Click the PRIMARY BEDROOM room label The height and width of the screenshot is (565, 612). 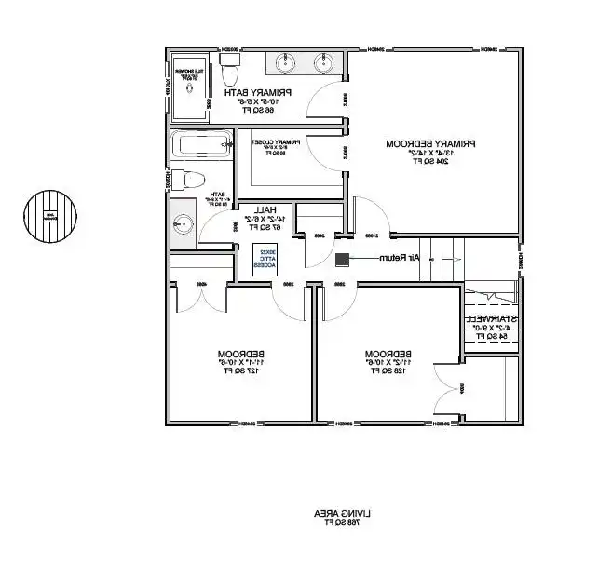point(430,143)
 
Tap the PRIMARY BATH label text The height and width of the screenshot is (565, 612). point(258,92)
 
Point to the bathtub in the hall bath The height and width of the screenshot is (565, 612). point(200,144)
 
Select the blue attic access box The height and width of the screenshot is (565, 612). point(266,258)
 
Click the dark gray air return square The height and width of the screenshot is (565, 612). point(342,258)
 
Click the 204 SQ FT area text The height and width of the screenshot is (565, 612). point(430,161)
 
